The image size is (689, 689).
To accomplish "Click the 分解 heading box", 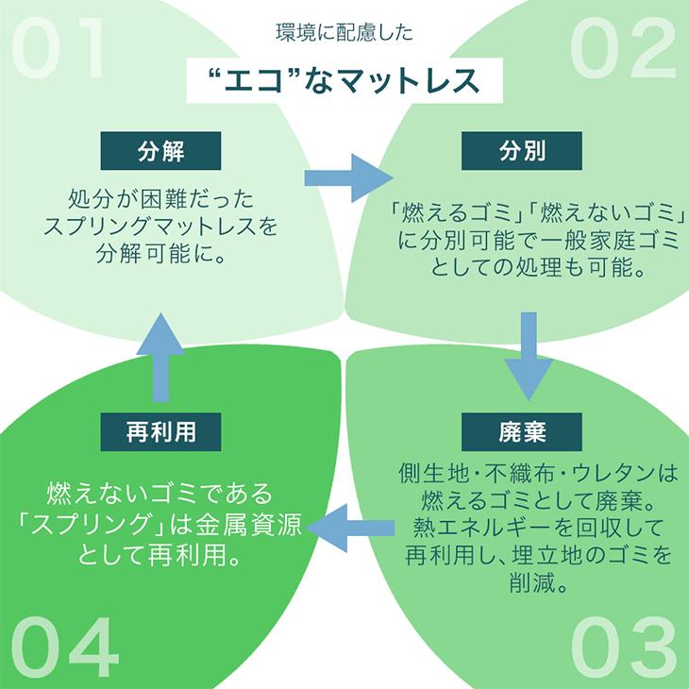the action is point(160,151).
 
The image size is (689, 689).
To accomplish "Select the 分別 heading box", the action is point(522,151).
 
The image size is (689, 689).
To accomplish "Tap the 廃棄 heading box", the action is point(522,431).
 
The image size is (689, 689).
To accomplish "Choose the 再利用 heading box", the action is point(160,431).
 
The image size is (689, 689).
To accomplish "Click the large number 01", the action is point(58,48).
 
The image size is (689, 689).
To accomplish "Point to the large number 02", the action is point(623,48).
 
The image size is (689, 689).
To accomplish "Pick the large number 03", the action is point(624,646).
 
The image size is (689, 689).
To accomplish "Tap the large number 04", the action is point(65,646).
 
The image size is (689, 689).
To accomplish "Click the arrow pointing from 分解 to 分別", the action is point(348,178).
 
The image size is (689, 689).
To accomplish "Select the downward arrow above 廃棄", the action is point(529,357).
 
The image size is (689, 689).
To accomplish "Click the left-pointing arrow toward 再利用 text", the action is point(350,528).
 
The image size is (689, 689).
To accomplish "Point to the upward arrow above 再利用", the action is point(160,358).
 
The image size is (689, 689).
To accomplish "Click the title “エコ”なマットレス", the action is point(344,80).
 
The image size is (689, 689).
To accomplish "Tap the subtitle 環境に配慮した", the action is point(344,32).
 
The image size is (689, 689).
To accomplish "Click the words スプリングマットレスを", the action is point(160,227).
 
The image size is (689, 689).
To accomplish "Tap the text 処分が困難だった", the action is point(160,198).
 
